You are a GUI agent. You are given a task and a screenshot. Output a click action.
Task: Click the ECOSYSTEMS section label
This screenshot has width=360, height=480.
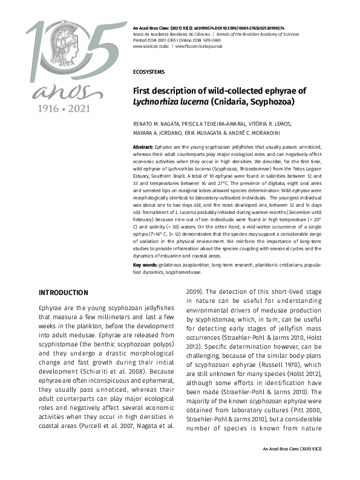(148, 71)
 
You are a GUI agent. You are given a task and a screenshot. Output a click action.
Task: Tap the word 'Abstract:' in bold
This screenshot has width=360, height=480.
(143, 147)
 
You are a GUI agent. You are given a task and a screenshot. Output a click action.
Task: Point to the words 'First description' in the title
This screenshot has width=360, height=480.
(167, 91)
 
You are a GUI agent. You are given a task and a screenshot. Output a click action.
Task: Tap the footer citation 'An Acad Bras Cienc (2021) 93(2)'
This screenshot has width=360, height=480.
(292, 466)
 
